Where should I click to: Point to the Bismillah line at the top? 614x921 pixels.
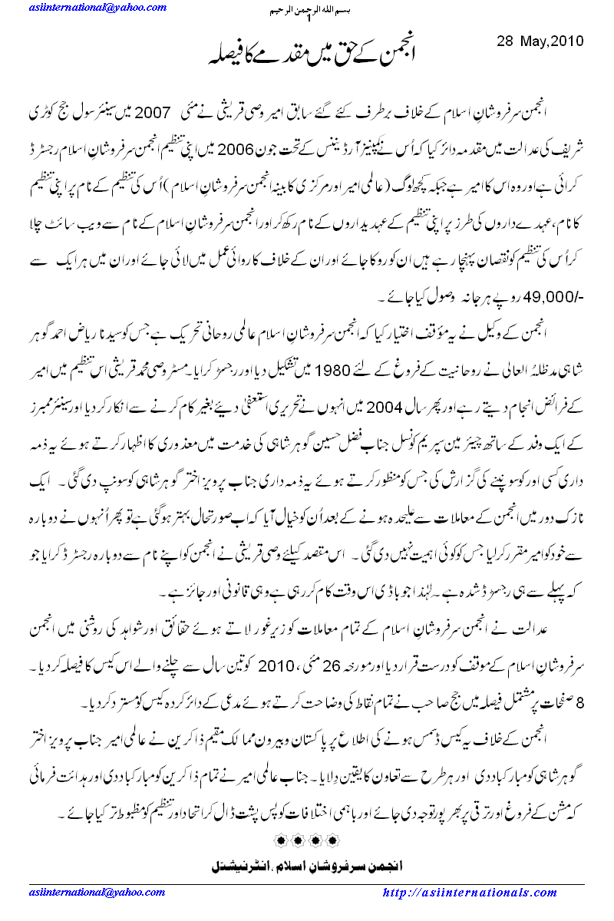(x=308, y=11)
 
